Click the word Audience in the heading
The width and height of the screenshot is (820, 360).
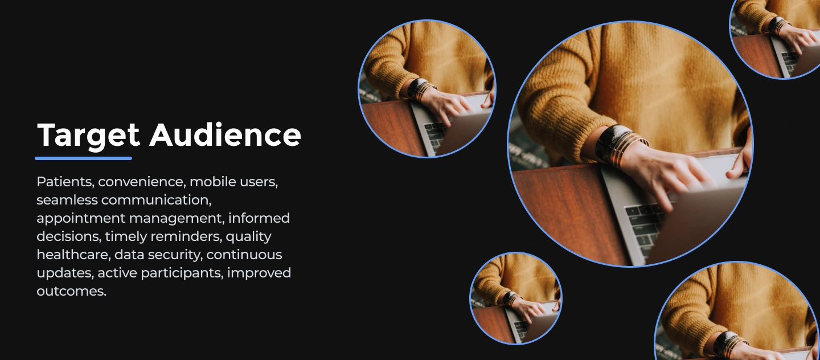coord(225,135)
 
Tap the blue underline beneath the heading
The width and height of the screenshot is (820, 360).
coord(84,158)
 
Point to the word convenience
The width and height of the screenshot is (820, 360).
coord(142,182)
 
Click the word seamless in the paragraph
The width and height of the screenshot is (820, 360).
coord(67,200)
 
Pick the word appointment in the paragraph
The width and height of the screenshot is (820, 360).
coord(81,219)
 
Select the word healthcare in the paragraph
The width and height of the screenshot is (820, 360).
coord(73,255)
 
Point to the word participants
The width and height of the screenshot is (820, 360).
coord(182,273)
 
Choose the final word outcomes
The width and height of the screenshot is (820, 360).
coord(71,292)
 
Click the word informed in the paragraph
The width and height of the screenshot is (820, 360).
coord(259,218)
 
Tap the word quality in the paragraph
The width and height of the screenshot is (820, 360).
coord(248,237)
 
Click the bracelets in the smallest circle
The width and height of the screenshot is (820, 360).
coord(512,299)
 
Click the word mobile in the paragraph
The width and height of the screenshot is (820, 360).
coord(207,182)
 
